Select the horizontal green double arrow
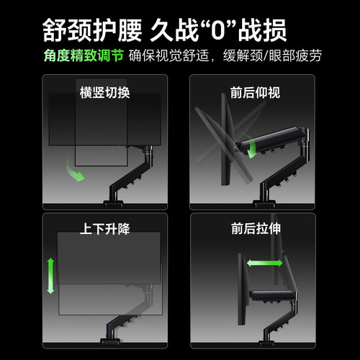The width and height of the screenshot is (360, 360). (264, 264)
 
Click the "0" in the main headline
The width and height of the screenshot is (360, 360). (228, 30)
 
